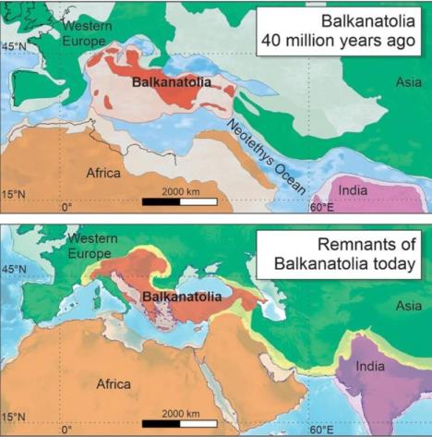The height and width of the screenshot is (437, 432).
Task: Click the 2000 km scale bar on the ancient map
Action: pos(179,200)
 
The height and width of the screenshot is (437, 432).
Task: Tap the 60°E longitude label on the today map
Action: pos(320,429)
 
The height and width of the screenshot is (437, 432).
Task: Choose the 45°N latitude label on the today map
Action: pos(15,270)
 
